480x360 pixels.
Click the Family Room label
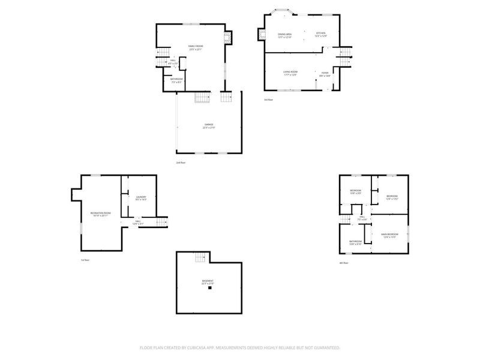click(195, 46)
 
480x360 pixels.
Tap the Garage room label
click(208, 125)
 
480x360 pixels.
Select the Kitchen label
click(320, 34)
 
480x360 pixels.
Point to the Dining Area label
click(285, 35)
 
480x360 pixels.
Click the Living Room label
click(291, 72)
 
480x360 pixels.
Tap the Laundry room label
click(141, 197)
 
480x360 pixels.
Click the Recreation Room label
click(100, 214)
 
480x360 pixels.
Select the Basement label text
click(208, 281)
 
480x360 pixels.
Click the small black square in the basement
click(210, 288)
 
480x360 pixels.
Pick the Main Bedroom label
click(389, 235)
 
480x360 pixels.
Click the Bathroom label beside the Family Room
click(176, 79)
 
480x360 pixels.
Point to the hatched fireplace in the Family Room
click(227, 39)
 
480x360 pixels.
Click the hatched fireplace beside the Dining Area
click(261, 35)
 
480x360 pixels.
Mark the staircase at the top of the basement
click(200, 257)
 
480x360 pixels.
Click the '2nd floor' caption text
click(180, 163)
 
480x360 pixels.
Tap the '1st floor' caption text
click(85, 260)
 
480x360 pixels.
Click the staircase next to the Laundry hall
click(162, 222)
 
